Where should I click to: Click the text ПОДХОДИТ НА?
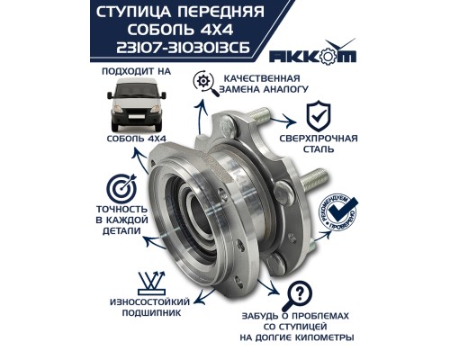pyautogui.click(x=132, y=67)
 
